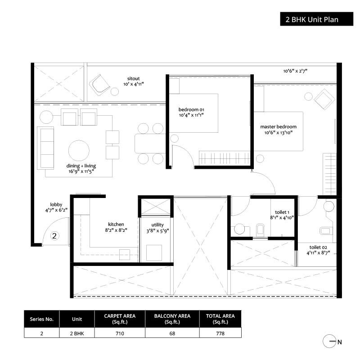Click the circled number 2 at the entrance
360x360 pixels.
(54, 235)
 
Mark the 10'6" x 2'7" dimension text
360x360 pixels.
(295, 71)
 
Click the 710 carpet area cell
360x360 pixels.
(119, 333)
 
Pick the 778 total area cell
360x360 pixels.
(220, 333)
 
